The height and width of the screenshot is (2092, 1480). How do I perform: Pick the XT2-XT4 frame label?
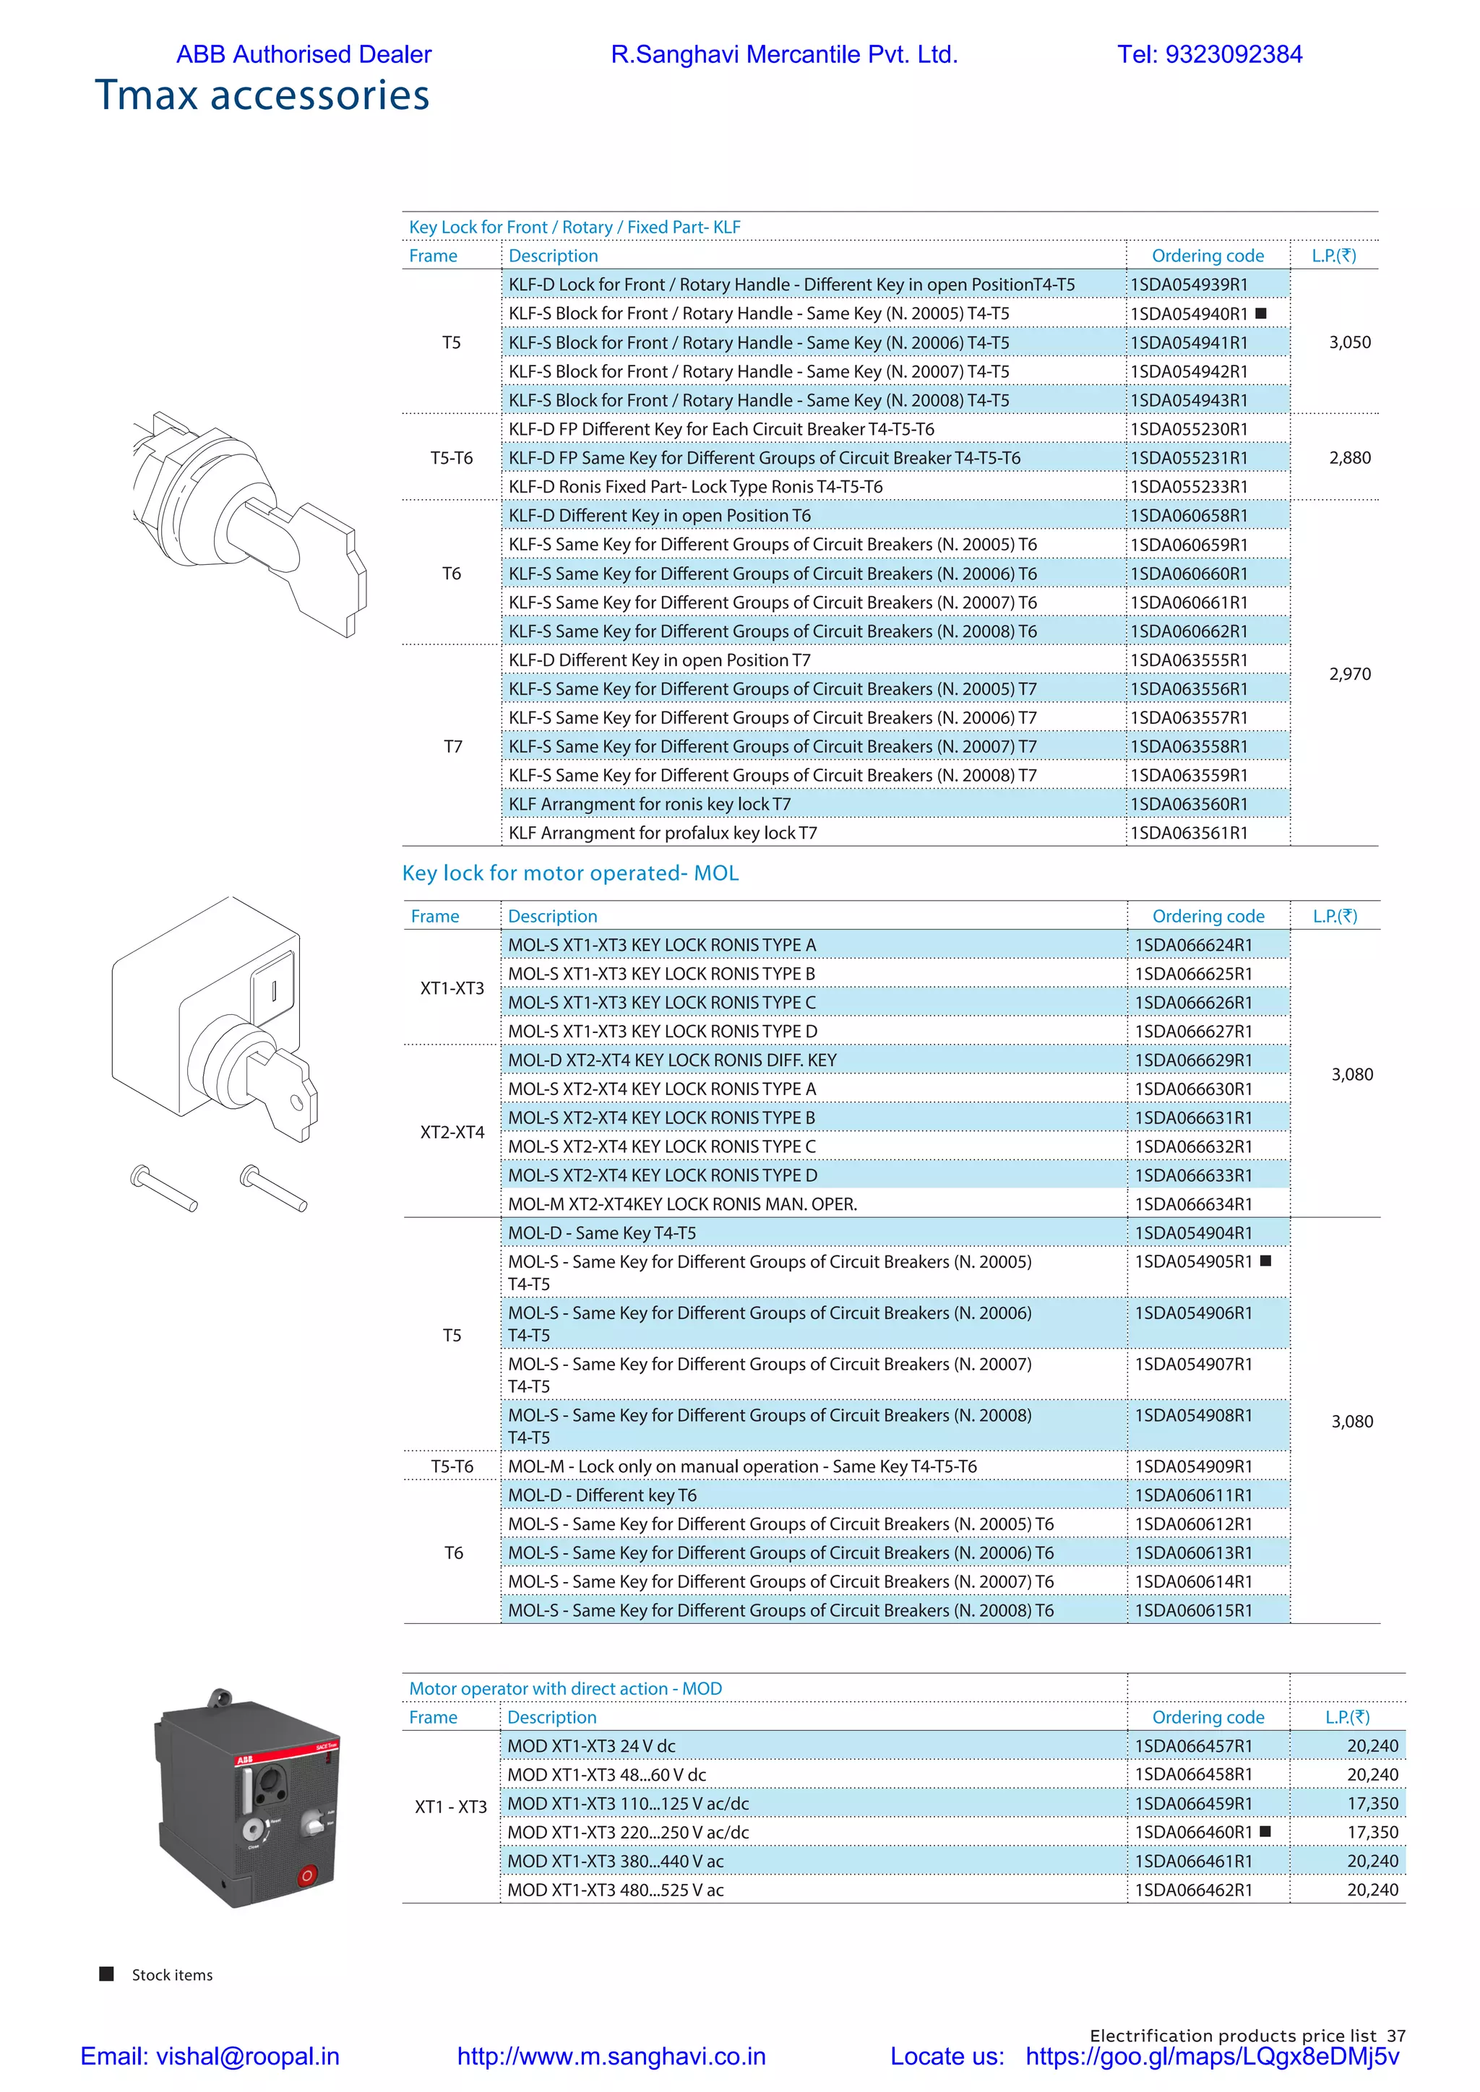click(452, 1132)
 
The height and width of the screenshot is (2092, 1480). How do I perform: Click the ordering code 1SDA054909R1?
click(1193, 1466)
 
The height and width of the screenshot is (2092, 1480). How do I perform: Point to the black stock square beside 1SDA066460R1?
click(1265, 1831)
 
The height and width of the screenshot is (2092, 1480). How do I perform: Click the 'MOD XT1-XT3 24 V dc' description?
click(591, 1746)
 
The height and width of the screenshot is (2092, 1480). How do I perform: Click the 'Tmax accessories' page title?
click(262, 95)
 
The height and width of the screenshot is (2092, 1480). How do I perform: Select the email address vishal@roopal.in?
click(247, 2057)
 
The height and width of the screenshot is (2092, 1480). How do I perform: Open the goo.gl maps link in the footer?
click(1211, 2057)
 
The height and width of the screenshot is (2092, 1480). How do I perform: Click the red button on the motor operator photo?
click(307, 1876)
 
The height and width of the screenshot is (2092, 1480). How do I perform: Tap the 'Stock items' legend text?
click(172, 1974)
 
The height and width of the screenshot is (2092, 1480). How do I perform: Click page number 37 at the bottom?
click(1396, 2036)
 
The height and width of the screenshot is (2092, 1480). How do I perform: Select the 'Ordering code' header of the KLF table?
click(1208, 256)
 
